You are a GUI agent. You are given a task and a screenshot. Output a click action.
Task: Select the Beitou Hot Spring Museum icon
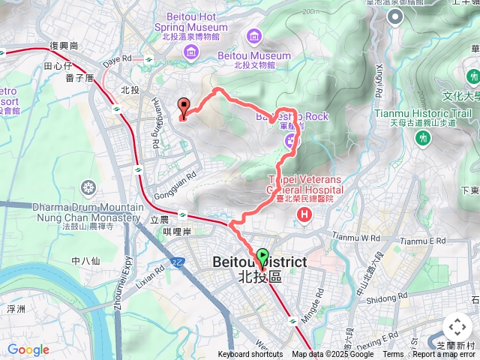[190, 51]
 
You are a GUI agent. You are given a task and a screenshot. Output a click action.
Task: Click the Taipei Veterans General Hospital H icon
[304, 215]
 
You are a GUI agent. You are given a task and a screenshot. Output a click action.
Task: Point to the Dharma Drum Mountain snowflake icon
[89, 187]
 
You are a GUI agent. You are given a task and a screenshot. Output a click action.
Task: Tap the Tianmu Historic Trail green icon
[423, 138]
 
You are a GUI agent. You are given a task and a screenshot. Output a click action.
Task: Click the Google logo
[28, 349]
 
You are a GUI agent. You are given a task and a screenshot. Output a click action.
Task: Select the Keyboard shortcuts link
[250, 355]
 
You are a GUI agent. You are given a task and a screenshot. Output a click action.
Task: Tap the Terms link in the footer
[393, 355]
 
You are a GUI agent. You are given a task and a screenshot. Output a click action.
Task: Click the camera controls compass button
[457, 327]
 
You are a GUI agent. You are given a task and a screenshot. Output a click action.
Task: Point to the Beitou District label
[259, 262]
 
